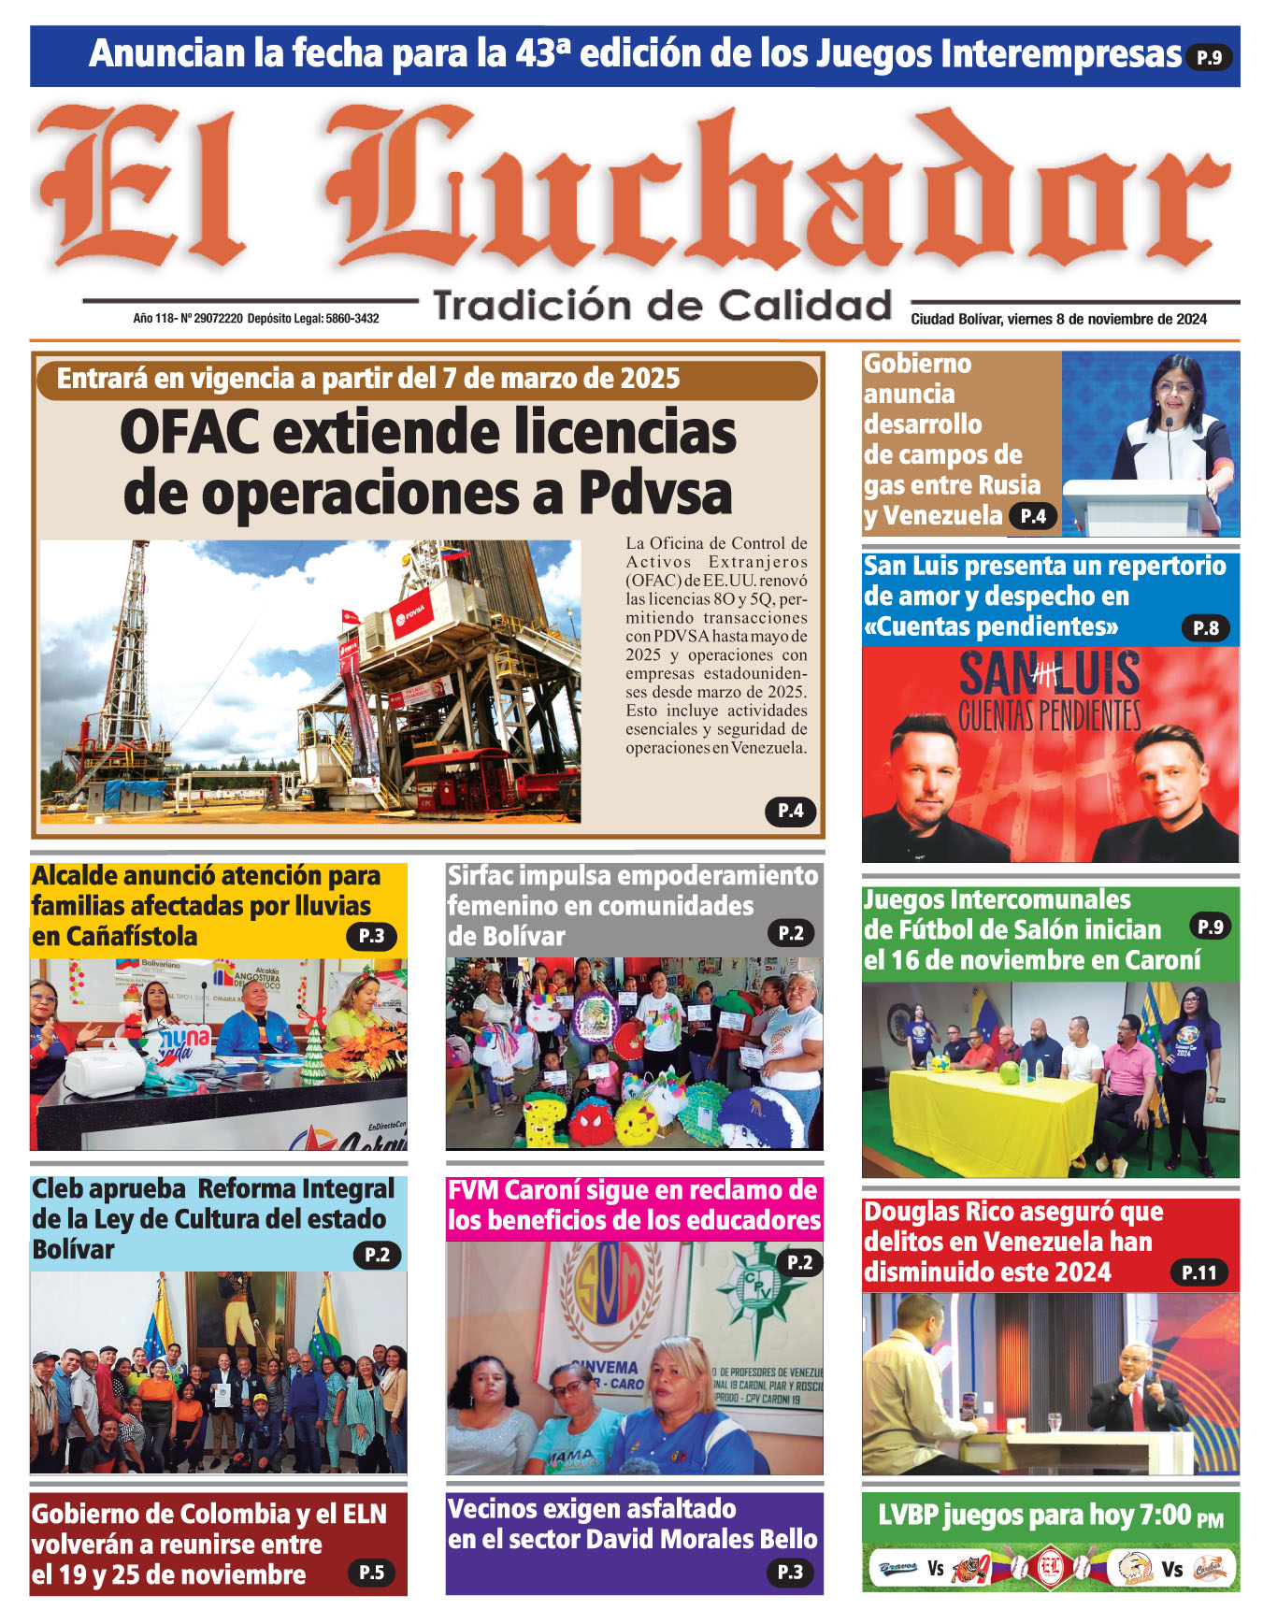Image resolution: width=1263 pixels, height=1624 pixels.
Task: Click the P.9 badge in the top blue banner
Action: [x=1209, y=57]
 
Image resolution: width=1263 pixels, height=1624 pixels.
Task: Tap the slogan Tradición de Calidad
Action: [x=662, y=306]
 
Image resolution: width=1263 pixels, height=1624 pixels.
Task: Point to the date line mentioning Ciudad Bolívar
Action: [x=1058, y=319]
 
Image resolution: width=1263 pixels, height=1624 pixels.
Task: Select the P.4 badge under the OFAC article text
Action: [x=790, y=811]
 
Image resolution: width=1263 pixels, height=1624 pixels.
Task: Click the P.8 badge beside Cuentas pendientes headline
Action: [x=1205, y=628]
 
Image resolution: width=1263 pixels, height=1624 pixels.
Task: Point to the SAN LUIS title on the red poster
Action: [x=1049, y=674]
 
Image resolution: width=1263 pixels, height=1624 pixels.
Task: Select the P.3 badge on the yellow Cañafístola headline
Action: [x=371, y=936]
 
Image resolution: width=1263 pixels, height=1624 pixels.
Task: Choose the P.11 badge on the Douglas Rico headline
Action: [x=1198, y=1272]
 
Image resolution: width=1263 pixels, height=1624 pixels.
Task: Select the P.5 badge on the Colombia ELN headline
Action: [x=371, y=1573]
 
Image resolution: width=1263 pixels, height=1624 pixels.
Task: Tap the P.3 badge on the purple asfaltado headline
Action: [x=790, y=1573]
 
